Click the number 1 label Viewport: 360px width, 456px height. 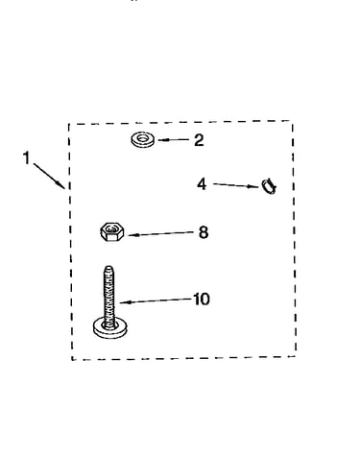pyautogui.click(x=27, y=158)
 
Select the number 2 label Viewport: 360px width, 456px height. pyautogui.click(x=199, y=140)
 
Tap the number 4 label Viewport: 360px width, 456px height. pyautogui.click(x=202, y=184)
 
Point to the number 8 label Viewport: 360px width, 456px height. pyautogui.click(x=204, y=232)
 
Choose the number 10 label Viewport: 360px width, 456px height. pyautogui.click(x=202, y=300)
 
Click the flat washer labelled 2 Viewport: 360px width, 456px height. pyautogui.click(x=143, y=140)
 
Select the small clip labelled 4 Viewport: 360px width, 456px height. pyautogui.click(x=269, y=186)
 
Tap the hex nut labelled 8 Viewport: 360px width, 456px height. pyautogui.click(x=112, y=231)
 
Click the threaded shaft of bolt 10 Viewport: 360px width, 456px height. pyautogui.click(x=109, y=296)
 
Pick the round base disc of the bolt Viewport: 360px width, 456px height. pyautogui.click(x=110, y=328)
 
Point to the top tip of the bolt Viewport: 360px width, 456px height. pyautogui.click(x=109, y=266)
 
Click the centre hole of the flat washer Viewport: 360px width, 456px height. pyautogui.click(x=143, y=138)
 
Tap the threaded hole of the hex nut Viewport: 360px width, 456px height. pyautogui.click(x=111, y=229)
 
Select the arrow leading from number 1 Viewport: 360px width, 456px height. pyautogui.click(x=50, y=176)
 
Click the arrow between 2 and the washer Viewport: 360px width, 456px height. pyautogui.click(x=173, y=140)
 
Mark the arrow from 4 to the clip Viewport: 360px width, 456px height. pyautogui.click(x=236, y=185)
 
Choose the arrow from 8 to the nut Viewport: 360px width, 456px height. pyautogui.click(x=161, y=234)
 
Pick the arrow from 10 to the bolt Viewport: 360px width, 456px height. pyautogui.click(x=156, y=300)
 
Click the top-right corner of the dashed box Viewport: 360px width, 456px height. pyautogui.click(x=292, y=121)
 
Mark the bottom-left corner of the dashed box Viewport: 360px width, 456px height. pyautogui.click(x=72, y=360)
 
